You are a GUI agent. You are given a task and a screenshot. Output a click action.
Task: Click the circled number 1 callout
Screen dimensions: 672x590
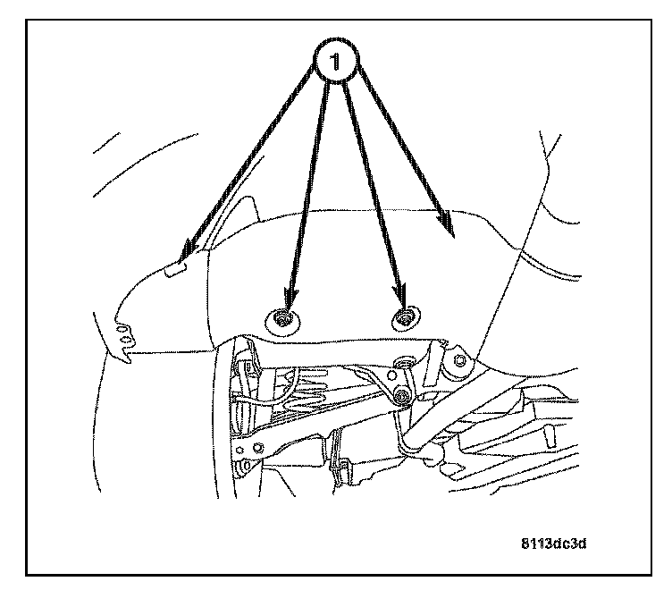pyautogui.click(x=336, y=61)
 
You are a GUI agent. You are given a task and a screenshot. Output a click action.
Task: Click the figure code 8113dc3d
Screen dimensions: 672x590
pyautogui.click(x=554, y=544)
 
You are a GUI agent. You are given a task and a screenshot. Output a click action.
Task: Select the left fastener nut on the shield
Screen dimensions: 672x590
pyautogui.click(x=282, y=320)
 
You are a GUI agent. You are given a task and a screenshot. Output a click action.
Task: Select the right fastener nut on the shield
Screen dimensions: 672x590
pyautogui.click(x=404, y=318)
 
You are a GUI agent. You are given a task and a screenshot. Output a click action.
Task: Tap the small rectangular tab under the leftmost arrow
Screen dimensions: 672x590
pyautogui.click(x=176, y=270)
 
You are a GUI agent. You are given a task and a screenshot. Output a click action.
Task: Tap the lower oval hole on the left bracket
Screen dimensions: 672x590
pyautogui.click(x=126, y=339)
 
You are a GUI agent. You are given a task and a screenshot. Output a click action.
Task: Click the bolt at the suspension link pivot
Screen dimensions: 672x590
pyautogui.click(x=402, y=396)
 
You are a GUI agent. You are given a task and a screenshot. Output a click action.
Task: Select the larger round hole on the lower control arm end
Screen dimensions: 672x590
pyautogui.click(x=258, y=448)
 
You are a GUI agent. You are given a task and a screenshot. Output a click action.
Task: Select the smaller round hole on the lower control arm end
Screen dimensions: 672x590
pyautogui.click(x=240, y=450)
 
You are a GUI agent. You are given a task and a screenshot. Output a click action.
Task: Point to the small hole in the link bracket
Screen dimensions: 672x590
pyautogui.click(x=391, y=376)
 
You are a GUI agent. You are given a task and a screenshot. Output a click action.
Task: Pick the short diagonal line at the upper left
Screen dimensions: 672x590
pyautogui.click(x=106, y=143)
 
